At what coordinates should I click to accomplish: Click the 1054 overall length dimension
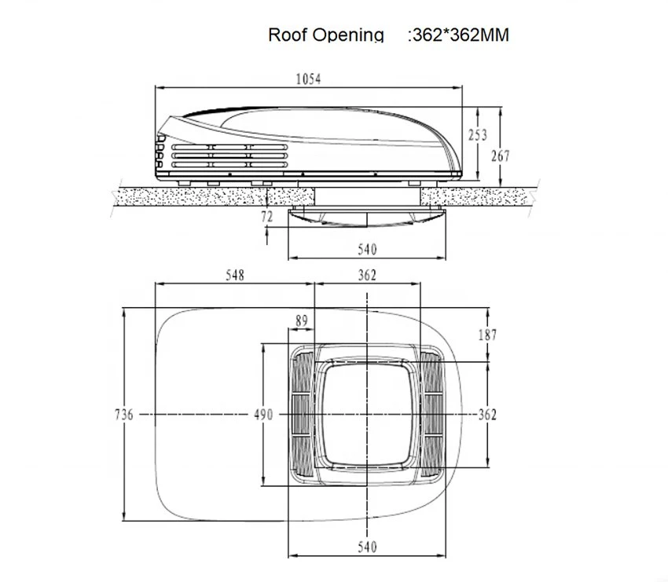pyautogui.click(x=308, y=79)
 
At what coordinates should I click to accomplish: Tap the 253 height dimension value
pyautogui.click(x=478, y=135)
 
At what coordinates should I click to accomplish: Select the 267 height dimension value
pyautogui.click(x=500, y=156)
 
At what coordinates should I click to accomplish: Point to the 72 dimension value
pyautogui.click(x=266, y=217)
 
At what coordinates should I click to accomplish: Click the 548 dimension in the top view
pyautogui.click(x=235, y=276)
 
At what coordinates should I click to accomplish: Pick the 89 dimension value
pyautogui.click(x=301, y=320)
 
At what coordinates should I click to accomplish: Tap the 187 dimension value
pyautogui.click(x=487, y=335)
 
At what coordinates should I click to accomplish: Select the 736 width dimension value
pyautogui.click(x=124, y=414)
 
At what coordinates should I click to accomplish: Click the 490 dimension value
pyautogui.click(x=263, y=414)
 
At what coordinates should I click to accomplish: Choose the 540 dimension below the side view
pyautogui.click(x=367, y=249)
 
